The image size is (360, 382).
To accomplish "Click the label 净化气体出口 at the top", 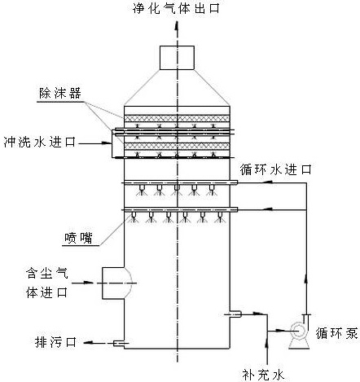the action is pos(176,8).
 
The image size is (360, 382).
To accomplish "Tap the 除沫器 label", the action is pos(60,94).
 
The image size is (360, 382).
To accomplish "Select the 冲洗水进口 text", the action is pos(40,142).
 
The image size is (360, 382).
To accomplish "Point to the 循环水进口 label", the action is pos(275,169).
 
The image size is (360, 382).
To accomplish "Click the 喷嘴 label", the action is pos(78,238).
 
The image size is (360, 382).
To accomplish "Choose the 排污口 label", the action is pos(55,342).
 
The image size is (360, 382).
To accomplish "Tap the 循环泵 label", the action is pos(336,333).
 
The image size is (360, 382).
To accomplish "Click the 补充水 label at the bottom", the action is pos(263,375).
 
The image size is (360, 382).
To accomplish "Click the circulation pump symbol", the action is pos(299,332).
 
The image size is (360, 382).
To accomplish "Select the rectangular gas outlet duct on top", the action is pos(177,58).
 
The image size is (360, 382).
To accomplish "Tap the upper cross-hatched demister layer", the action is pos(177,118).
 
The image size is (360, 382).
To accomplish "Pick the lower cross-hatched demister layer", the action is pos(177,147).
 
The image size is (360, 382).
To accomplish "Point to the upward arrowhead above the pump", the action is pos(306,279).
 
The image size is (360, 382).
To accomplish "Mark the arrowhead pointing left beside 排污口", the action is pos(88,343).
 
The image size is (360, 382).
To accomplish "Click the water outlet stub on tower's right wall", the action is pos(234,314).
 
